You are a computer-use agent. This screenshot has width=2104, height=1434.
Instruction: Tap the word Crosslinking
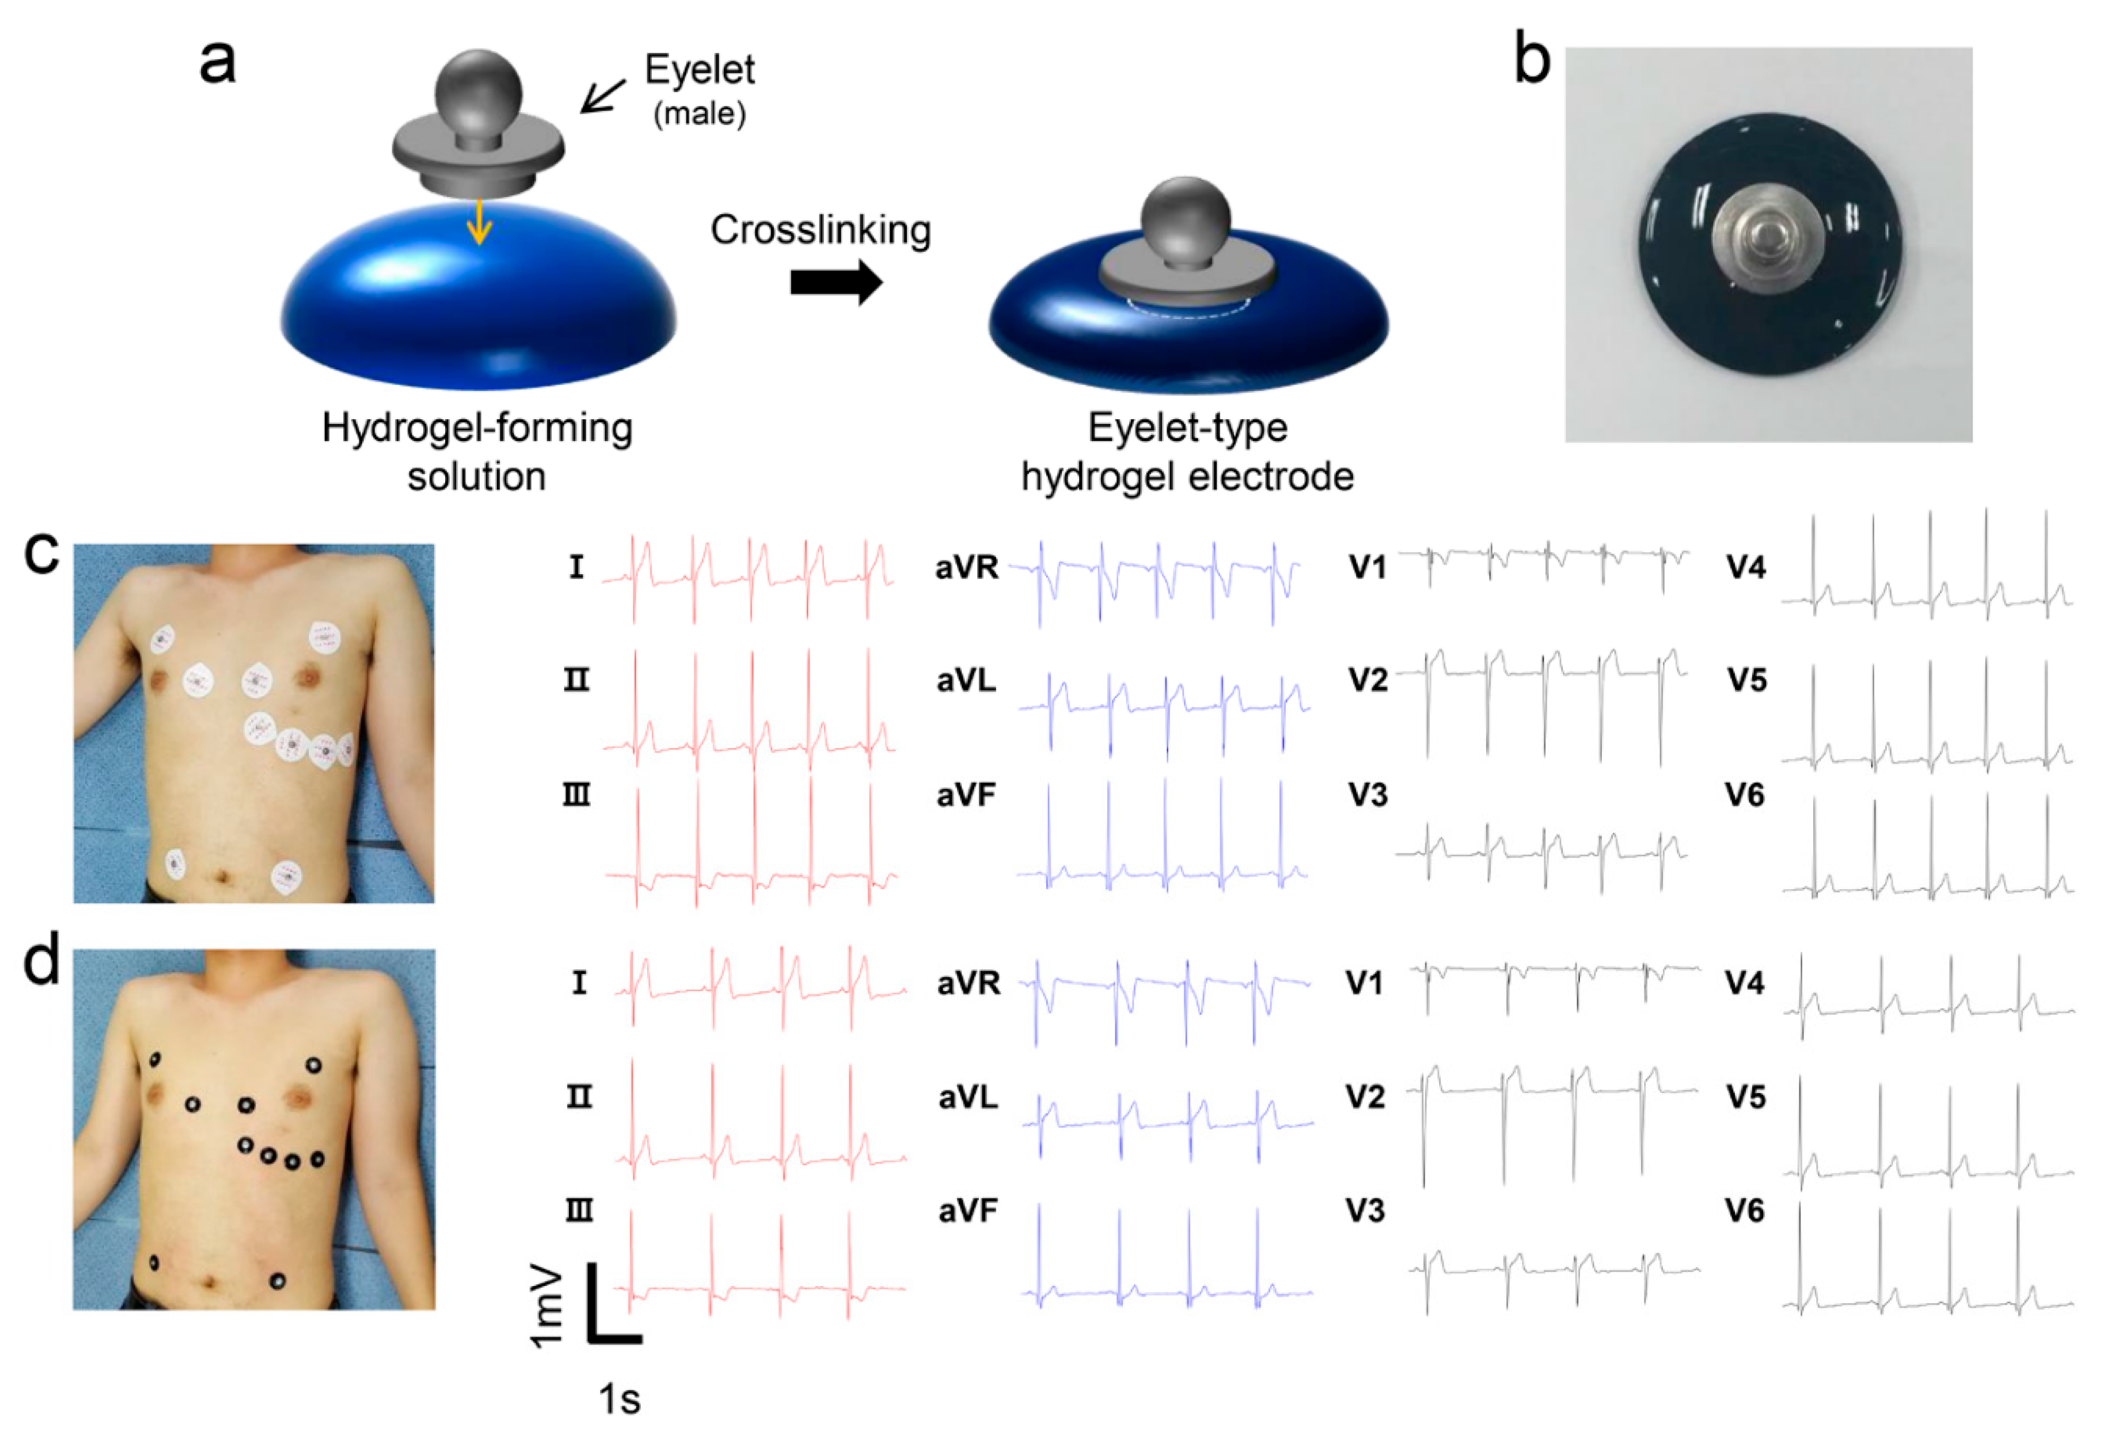(820, 230)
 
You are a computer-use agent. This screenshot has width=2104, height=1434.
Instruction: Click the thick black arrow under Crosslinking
(835, 282)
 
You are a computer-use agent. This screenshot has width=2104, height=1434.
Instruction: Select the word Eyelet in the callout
(700, 70)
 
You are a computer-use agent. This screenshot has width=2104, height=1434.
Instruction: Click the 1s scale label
(619, 1399)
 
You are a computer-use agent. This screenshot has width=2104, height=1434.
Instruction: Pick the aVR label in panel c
(967, 568)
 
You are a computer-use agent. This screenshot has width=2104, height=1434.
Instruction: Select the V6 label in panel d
(1745, 1211)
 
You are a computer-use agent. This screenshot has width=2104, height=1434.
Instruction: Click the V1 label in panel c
(1367, 568)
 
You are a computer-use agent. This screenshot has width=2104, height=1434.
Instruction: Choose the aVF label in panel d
(968, 1211)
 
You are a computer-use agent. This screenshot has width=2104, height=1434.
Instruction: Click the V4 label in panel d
(1745, 982)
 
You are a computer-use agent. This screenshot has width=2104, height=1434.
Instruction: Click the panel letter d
(41, 962)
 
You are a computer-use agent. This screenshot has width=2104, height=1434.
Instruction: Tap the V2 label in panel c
(1367, 680)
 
